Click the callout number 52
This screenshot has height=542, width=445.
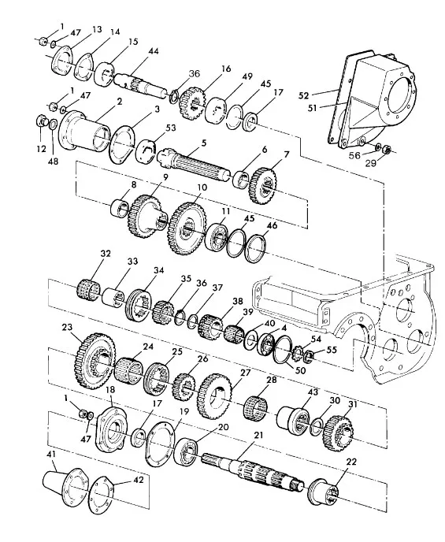[303, 95]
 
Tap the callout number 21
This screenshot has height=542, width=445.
[258, 435]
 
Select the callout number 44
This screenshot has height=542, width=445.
[153, 51]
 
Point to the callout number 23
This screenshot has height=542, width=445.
[68, 327]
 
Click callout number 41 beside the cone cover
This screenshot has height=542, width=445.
[51, 455]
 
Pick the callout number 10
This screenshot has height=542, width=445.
[202, 187]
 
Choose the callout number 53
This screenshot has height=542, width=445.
[171, 128]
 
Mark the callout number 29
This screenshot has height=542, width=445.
[371, 162]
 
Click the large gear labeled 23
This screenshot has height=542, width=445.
[95, 360]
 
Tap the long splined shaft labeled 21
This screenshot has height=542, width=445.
[253, 472]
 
